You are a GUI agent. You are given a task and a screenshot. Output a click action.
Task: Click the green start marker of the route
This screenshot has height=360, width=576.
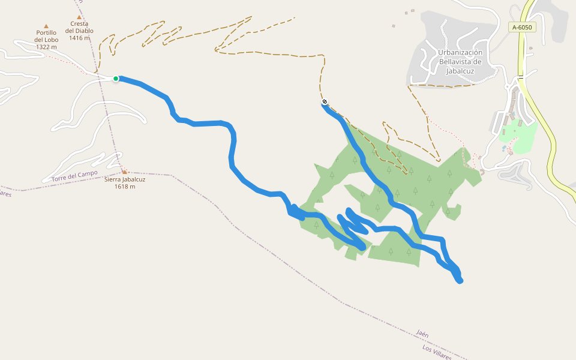click(x=116, y=79)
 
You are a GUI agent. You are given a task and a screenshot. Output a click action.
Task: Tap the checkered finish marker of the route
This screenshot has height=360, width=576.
click(x=325, y=101)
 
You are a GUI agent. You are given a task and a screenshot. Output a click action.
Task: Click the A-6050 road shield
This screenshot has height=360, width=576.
click(x=522, y=27)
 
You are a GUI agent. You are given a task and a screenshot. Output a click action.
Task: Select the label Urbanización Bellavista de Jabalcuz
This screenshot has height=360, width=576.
click(x=460, y=61)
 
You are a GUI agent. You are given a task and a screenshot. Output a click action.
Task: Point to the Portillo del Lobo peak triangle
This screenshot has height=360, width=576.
click(x=46, y=26)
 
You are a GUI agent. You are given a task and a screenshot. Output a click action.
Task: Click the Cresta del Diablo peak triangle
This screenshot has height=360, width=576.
click(x=79, y=17)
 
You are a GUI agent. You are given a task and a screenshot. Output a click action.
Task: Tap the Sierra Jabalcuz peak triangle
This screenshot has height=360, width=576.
click(x=124, y=172)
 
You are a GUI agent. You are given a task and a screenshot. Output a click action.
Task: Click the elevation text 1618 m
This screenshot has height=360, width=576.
click(x=125, y=187)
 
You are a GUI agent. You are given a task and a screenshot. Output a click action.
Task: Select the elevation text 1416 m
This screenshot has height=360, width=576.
click(x=79, y=38)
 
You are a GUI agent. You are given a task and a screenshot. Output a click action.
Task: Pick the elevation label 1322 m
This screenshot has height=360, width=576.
click(x=46, y=47)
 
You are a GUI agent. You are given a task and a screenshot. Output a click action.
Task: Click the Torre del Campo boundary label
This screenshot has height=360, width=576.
click(x=74, y=176)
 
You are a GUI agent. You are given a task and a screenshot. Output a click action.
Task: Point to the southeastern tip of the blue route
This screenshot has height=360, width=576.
click(x=460, y=280)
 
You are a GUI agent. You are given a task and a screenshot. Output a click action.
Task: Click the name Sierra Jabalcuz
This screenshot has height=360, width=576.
click(x=125, y=179)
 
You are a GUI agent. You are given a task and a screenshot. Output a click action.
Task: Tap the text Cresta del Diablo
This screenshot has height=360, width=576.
click(x=79, y=28)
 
